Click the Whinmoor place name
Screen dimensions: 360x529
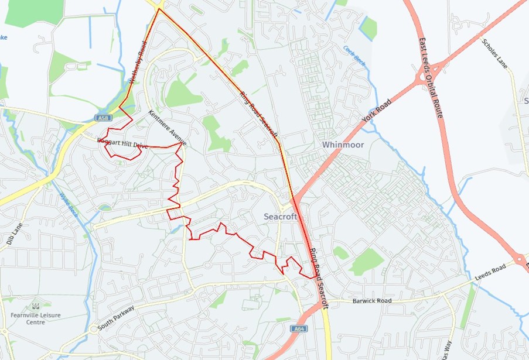(x=343, y=145)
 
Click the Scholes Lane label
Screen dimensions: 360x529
(x=494, y=54)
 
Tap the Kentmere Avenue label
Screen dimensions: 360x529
(x=168, y=128)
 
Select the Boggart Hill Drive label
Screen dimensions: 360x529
(x=122, y=142)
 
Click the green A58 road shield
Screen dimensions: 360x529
(x=103, y=118)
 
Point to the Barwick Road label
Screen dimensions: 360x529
(x=371, y=301)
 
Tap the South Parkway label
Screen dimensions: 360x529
(x=117, y=318)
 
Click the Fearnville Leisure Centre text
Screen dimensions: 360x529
(x=35, y=318)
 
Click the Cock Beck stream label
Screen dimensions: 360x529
(x=354, y=57)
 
